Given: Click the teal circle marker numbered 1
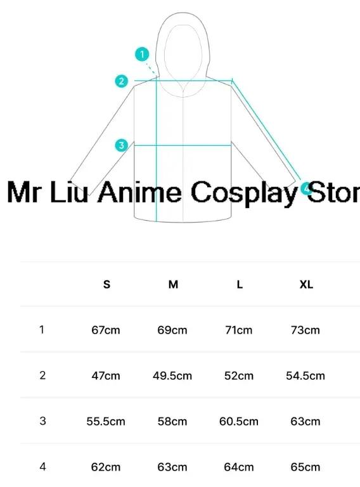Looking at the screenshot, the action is [x=142, y=55].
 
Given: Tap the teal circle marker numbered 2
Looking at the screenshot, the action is [x=121, y=81].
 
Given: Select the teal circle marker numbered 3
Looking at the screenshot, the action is [x=121, y=145].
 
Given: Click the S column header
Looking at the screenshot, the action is [x=106, y=284].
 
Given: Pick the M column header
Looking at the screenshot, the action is [x=173, y=284].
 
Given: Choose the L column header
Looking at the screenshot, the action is [x=240, y=284].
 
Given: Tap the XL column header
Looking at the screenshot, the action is [x=306, y=284].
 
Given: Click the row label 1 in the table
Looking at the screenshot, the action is [x=42, y=330].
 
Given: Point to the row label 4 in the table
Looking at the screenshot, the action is [x=43, y=467].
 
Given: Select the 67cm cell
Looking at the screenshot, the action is [x=106, y=330].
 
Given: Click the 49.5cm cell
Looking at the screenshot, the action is [x=172, y=376].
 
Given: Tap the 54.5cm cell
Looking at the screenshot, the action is [x=305, y=376].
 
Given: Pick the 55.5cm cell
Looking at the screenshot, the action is [x=106, y=422].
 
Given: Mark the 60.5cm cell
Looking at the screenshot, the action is [x=239, y=422].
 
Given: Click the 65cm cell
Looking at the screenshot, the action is [x=305, y=467].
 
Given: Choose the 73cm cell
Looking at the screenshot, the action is [x=305, y=330].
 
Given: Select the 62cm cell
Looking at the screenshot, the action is [x=106, y=467].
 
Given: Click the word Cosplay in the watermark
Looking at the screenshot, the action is [x=244, y=193].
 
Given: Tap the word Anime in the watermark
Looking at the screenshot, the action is [x=139, y=192].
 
